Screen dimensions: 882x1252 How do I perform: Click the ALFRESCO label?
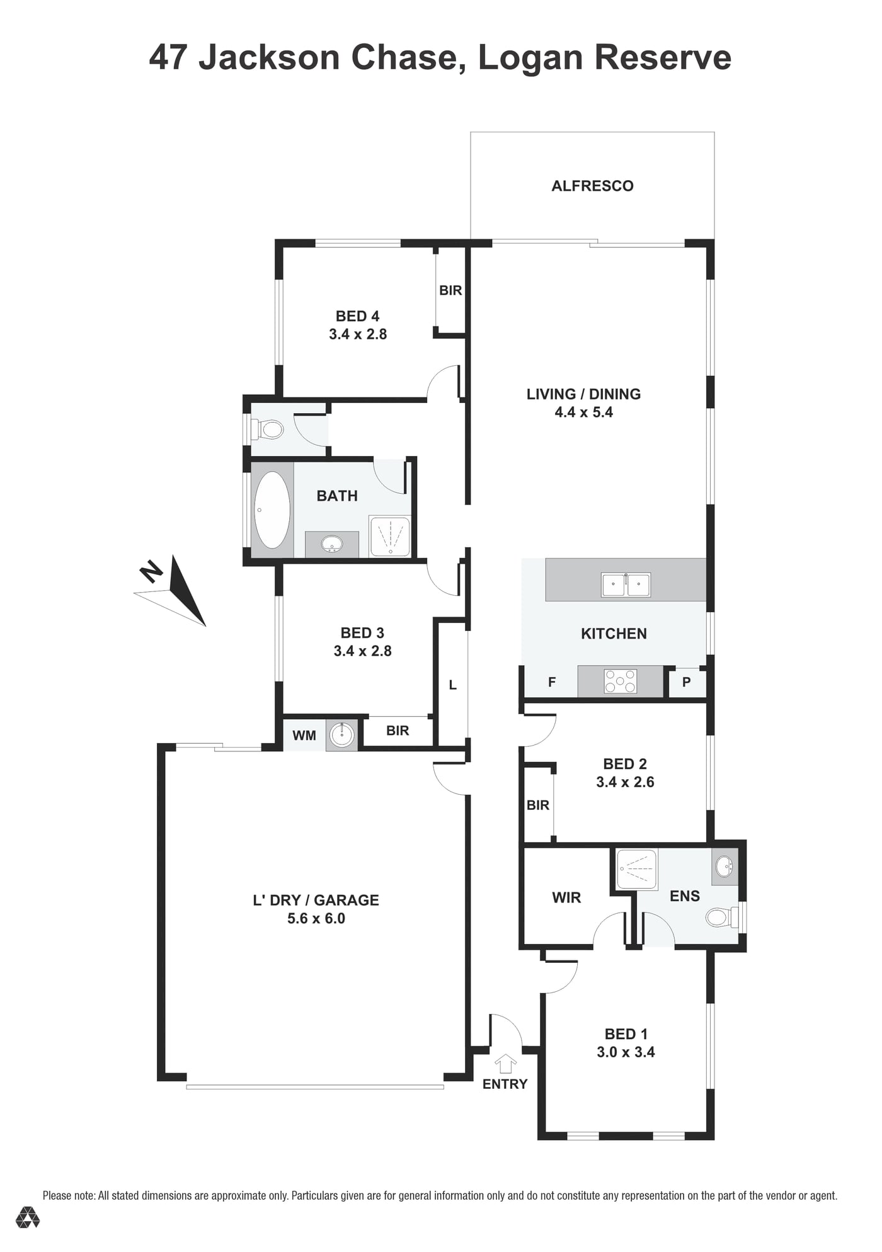tap(592, 186)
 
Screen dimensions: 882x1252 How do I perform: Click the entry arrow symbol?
tap(505, 1064)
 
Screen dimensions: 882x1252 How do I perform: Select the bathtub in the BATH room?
tap(272, 510)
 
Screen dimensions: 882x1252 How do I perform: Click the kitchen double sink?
tap(626, 585)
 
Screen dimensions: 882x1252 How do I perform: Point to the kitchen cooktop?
tap(621, 681)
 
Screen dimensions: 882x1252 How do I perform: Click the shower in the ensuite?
tap(636, 870)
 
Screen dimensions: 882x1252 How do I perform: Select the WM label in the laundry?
tap(304, 735)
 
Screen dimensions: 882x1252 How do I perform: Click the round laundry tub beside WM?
tap(342, 734)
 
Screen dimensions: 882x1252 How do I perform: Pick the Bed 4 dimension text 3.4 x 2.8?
tap(358, 334)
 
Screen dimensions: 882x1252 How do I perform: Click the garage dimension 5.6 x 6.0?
tap(316, 919)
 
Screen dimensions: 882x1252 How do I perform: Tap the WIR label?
tap(566, 897)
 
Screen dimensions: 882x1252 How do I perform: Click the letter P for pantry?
tap(687, 682)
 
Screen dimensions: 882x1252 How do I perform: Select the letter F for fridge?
tap(552, 682)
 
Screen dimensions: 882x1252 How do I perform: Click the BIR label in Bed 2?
tap(538, 805)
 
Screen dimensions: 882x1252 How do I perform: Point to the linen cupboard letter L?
tap(452, 685)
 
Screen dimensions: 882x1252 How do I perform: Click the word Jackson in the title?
tap(270, 57)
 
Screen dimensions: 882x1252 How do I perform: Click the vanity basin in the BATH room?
tap(331, 544)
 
